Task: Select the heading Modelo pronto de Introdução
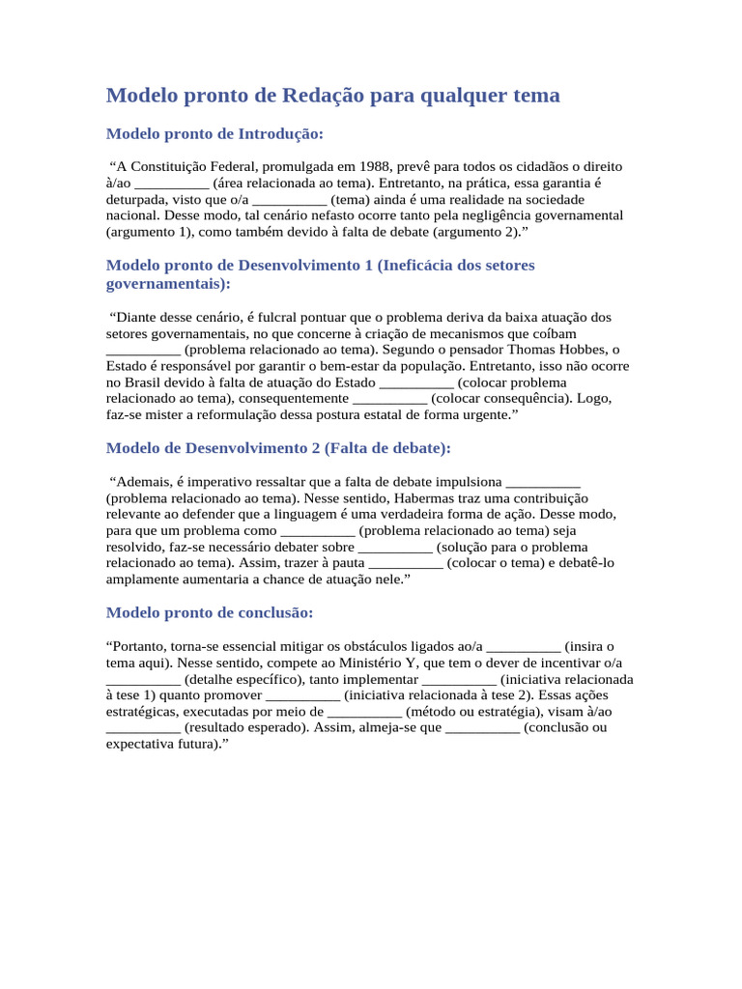214,133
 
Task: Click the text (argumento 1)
150,232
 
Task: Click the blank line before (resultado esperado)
142,727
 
